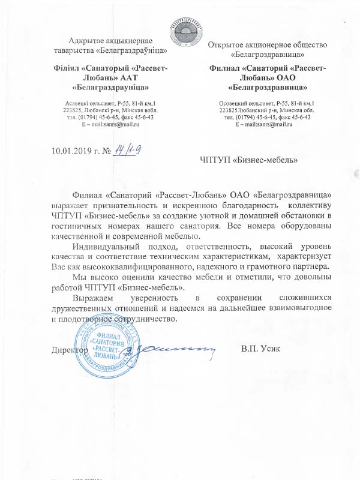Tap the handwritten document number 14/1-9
point(133,148)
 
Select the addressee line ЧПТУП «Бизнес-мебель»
point(248,160)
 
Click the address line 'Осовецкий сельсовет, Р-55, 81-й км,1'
point(265,104)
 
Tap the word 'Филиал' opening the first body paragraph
point(85,195)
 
